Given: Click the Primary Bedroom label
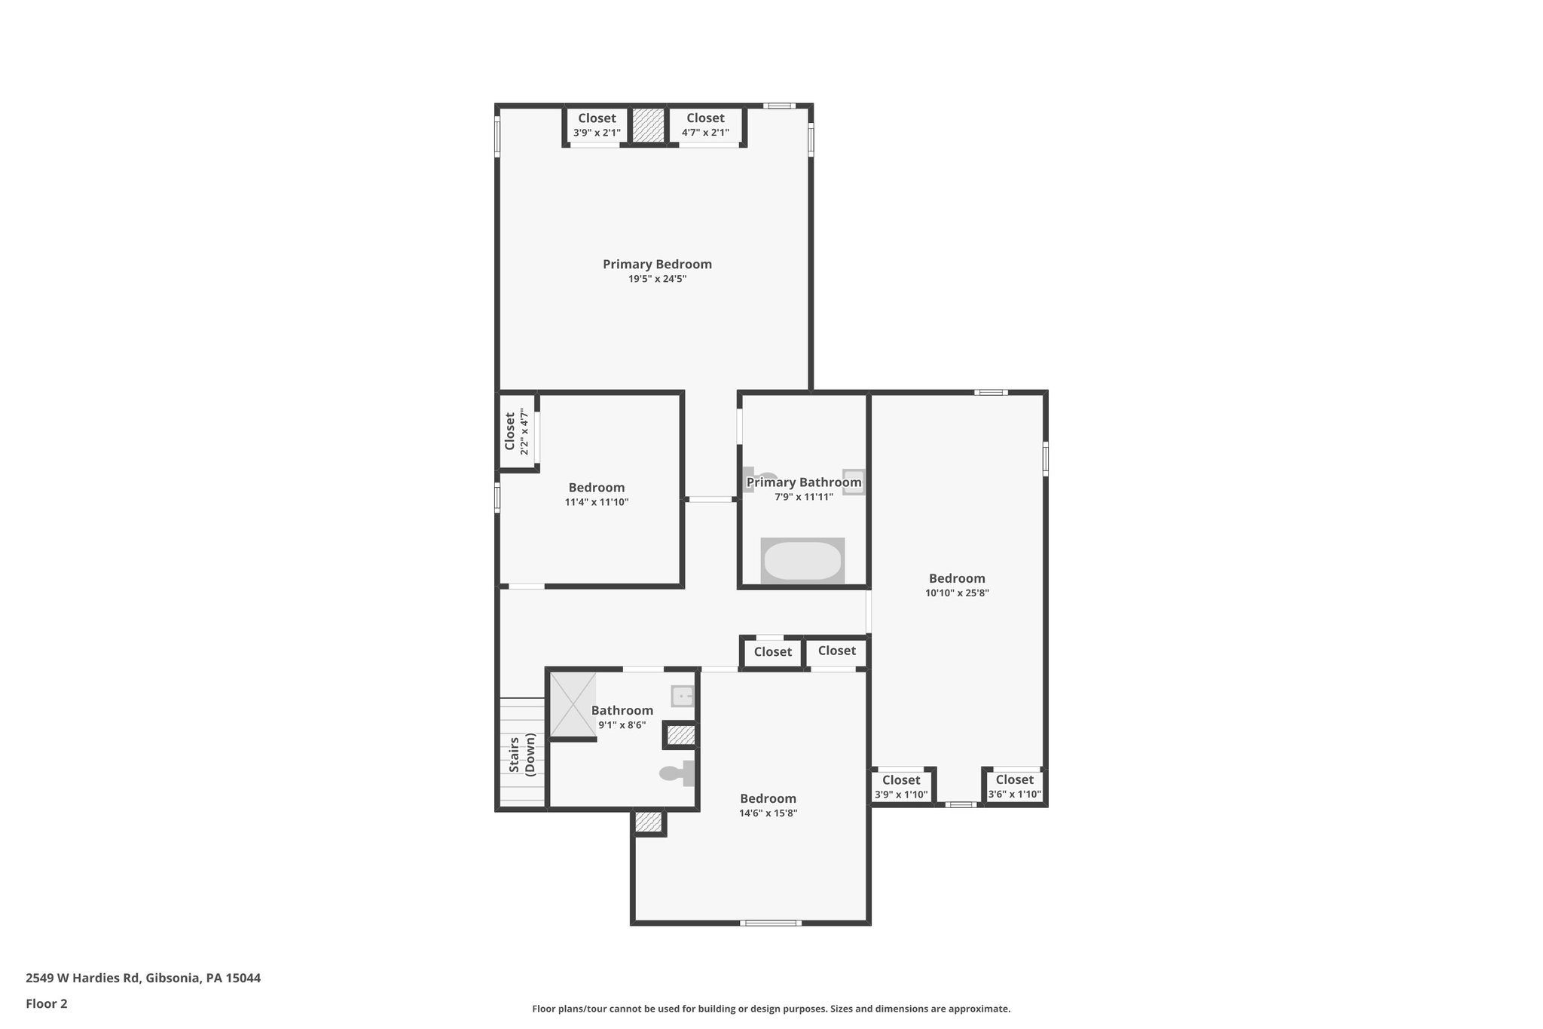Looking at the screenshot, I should [657, 264].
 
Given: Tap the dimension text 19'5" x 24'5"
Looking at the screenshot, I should [657, 279].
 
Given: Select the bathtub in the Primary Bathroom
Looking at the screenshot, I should [802, 561].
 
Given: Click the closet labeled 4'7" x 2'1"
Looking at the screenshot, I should [705, 125].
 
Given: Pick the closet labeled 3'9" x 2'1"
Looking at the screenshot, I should [597, 125].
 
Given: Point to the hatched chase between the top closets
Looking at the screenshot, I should [648, 125].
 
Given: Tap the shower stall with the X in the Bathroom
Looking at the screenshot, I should [573, 704].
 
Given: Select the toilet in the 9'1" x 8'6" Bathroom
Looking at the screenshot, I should [678, 773].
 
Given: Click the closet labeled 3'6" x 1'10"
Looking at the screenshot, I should [1014, 786].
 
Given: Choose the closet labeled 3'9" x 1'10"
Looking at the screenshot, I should [901, 787].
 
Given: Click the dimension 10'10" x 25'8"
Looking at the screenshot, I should [957, 593].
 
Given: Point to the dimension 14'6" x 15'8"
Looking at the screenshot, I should [768, 813].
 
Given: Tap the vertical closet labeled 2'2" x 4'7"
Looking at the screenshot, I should [517, 431].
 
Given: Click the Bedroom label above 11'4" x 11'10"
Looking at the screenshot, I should [596, 488].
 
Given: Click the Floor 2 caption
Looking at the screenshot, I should [47, 1004].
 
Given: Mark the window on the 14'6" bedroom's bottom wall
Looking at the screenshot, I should [770, 923].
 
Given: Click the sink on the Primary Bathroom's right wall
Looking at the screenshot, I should [853, 482].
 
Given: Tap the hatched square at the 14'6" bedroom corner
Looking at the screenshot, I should [648, 822].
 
